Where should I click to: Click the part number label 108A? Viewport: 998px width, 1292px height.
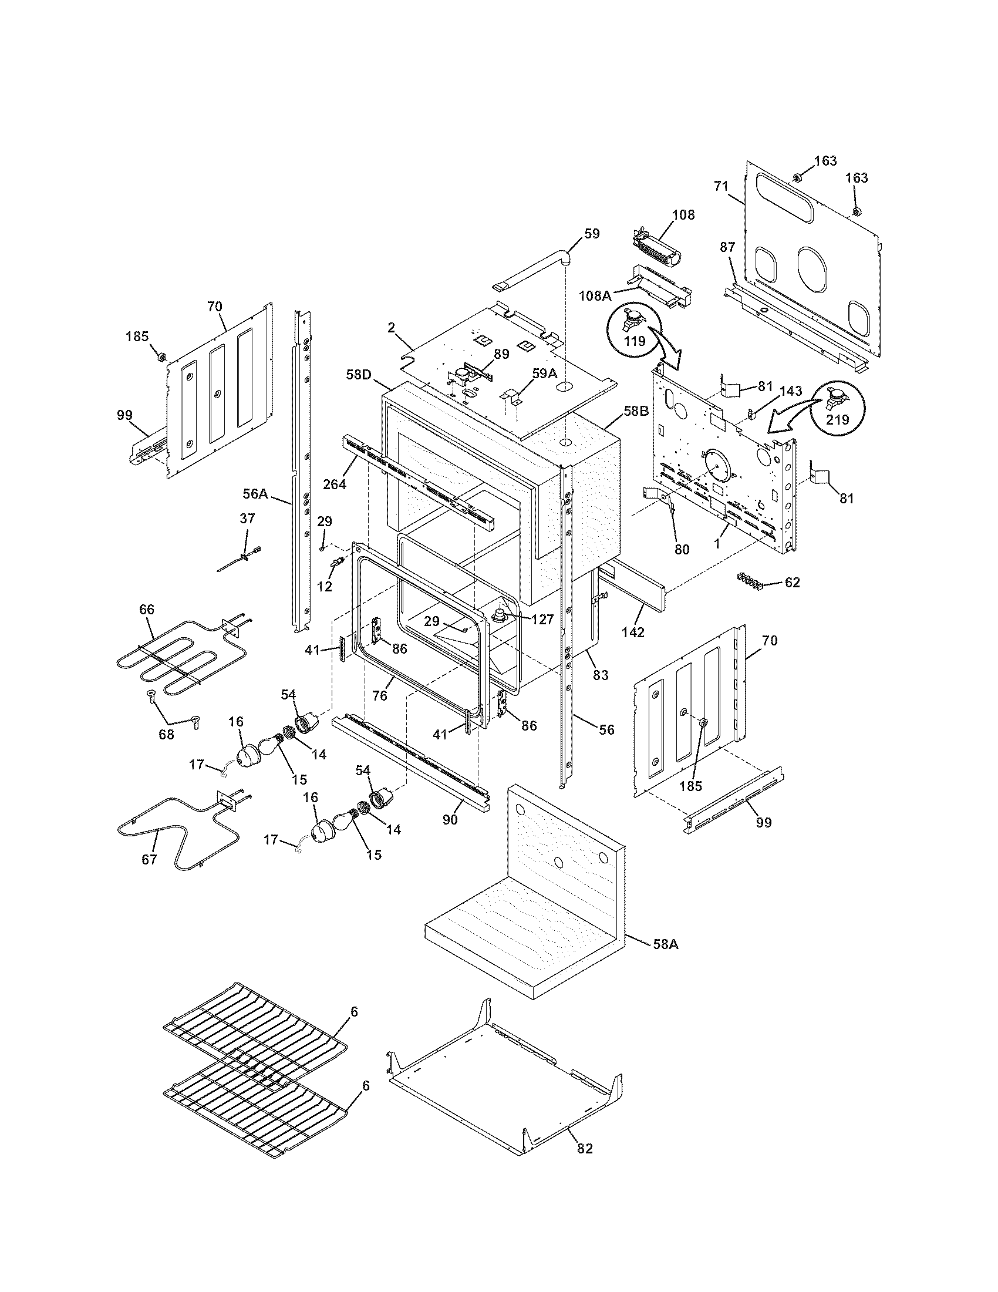[x=595, y=296]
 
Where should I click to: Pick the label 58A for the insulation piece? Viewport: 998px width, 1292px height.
[x=666, y=944]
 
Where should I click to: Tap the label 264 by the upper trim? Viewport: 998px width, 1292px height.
[x=335, y=483]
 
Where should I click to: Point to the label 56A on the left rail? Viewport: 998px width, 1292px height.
[x=255, y=493]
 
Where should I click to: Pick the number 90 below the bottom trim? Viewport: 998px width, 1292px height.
[x=450, y=820]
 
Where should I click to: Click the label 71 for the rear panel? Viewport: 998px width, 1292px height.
[x=720, y=187]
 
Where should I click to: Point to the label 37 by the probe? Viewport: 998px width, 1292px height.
[x=247, y=519]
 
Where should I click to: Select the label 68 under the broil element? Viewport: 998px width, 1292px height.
[x=167, y=734]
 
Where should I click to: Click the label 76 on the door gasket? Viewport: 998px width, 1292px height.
[x=380, y=696]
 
